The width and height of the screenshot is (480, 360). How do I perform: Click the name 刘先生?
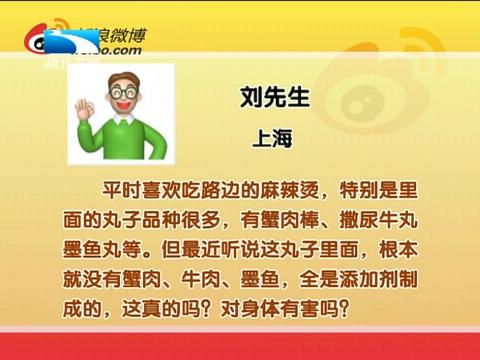click(267, 99)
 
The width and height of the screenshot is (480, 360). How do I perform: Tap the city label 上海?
click(267, 140)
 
